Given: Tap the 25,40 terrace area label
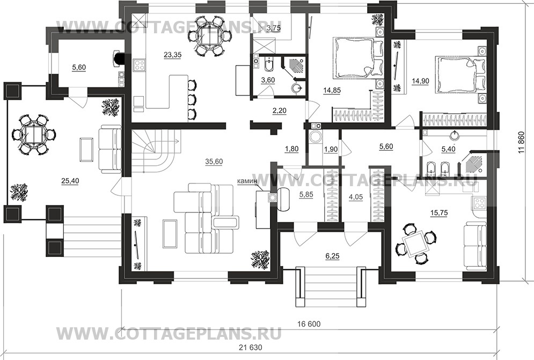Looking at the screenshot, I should (70, 181).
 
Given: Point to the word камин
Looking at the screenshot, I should (247, 181).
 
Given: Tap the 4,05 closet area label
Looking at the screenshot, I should (356, 196).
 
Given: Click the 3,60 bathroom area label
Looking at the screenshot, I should (267, 80).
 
